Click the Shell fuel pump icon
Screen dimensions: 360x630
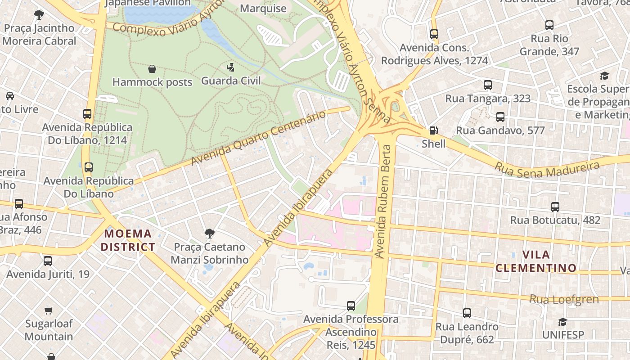click(x=433, y=131)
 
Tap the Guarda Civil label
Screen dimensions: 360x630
click(x=230, y=81)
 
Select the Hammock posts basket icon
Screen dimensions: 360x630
click(x=152, y=69)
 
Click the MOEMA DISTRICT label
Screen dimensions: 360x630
click(x=128, y=240)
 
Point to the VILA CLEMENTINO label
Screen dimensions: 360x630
click(x=536, y=261)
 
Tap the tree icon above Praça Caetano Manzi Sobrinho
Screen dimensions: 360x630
click(x=209, y=234)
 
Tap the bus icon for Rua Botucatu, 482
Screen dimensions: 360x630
click(x=555, y=207)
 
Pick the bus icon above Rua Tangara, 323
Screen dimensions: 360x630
click(x=488, y=85)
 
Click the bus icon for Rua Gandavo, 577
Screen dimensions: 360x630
click(x=500, y=117)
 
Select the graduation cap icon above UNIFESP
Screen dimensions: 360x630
click(x=562, y=322)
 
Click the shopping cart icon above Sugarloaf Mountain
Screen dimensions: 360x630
click(x=49, y=310)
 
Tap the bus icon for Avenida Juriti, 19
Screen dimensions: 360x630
click(x=48, y=261)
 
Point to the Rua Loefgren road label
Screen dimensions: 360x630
click(x=564, y=299)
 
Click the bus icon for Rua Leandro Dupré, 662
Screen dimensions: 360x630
click(x=467, y=313)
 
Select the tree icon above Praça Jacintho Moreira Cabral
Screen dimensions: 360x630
click(x=39, y=15)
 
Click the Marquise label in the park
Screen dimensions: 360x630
click(x=263, y=9)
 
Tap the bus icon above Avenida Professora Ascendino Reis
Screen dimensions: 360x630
click(x=351, y=306)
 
